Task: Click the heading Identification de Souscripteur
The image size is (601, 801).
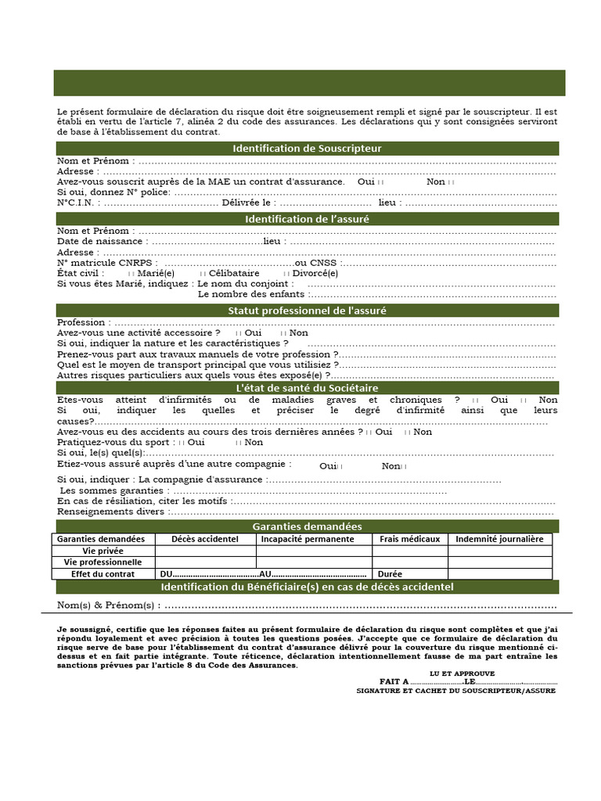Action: pyautogui.click(x=307, y=149)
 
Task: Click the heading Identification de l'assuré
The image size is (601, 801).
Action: pyautogui.click(x=307, y=219)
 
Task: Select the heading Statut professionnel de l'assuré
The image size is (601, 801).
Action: pyautogui.click(x=307, y=311)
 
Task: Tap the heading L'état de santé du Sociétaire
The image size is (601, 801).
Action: pyautogui.click(x=307, y=388)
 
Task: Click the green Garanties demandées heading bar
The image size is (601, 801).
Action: pyautogui.click(x=307, y=526)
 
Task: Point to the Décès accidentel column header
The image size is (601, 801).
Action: pyautogui.click(x=205, y=539)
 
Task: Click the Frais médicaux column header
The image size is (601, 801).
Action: pyautogui.click(x=409, y=539)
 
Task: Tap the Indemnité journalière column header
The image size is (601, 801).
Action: pyautogui.click(x=499, y=539)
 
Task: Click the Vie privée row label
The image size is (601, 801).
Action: pyautogui.click(x=103, y=551)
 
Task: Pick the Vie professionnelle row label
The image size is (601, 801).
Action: pyautogui.click(x=103, y=562)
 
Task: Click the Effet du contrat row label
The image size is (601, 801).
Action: pyautogui.click(x=103, y=573)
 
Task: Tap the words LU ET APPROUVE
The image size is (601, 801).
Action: pyautogui.click(x=462, y=673)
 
